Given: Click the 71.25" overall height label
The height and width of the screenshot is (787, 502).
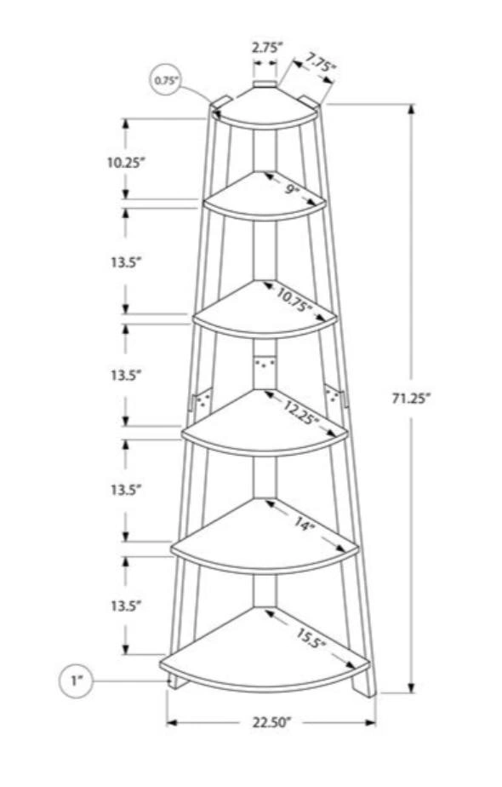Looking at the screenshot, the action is point(411,398).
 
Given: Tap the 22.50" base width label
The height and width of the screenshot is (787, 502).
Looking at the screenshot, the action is point(271,722).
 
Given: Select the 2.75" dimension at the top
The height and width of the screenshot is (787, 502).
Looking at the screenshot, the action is point(267,48).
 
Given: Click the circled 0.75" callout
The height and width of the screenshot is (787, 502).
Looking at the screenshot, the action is point(164,80).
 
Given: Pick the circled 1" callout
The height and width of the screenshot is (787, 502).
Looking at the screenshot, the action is point(77,681).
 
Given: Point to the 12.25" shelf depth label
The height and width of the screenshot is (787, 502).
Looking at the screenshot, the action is point(301,412).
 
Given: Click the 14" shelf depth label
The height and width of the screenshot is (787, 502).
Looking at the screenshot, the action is point(303,525).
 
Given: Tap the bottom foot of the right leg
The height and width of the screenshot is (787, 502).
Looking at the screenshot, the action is point(365,686).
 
